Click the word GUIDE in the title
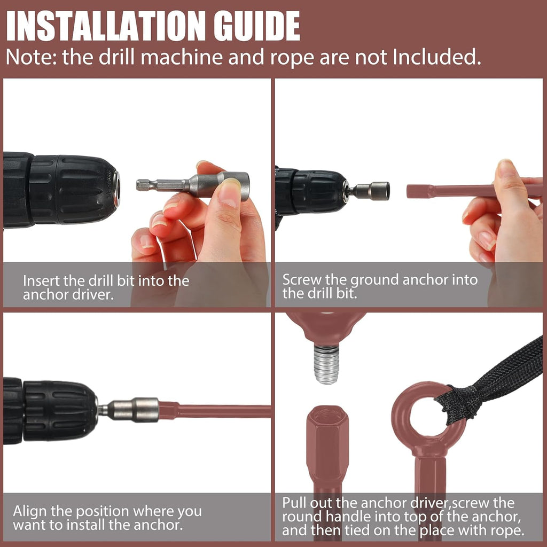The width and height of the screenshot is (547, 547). click(x=257, y=26)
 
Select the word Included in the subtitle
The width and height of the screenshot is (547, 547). click(x=436, y=57)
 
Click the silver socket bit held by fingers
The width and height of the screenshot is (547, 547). click(x=193, y=185)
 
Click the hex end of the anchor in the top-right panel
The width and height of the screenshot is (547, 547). click(x=419, y=191)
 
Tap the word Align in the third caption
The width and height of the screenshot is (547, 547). click(x=30, y=511)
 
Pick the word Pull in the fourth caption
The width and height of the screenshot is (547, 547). click(x=294, y=503)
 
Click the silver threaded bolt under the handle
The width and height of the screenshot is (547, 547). click(x=326, y=364)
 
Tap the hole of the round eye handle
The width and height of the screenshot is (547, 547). click(x=428, y=417)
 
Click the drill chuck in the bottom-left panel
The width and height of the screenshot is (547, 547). click(x=60, y=411)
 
